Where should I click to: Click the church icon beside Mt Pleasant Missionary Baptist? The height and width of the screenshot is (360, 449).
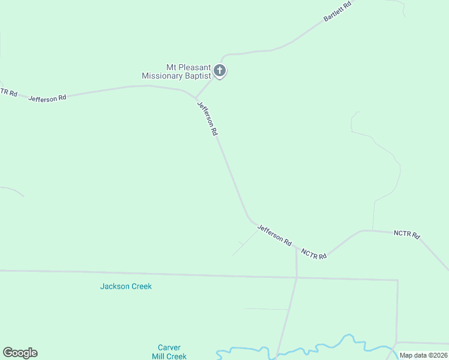click(x=220, y=71)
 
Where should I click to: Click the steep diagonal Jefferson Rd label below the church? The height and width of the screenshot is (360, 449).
click(x=207, y=118)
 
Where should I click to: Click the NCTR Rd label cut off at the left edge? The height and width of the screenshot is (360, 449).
click(x=8, y=92)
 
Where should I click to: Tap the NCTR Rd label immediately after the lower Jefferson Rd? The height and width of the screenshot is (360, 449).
click(x=314, y=254)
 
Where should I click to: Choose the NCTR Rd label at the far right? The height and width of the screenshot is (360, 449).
click(x=406, y=234)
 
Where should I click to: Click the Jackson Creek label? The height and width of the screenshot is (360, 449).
click(x=125, y=286)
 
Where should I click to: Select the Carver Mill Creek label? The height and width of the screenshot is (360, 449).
click(x=169, y=352)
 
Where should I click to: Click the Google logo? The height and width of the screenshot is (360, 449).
click(x=20, y=353)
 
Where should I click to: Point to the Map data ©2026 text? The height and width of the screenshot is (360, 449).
click(x=423, y=355)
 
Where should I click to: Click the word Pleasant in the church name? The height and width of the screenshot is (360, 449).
click(x=192, y=67)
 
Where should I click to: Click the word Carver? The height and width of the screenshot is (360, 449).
click(x=169, y=347)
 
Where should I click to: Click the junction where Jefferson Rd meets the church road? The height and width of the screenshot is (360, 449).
click(x=196, y=98)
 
